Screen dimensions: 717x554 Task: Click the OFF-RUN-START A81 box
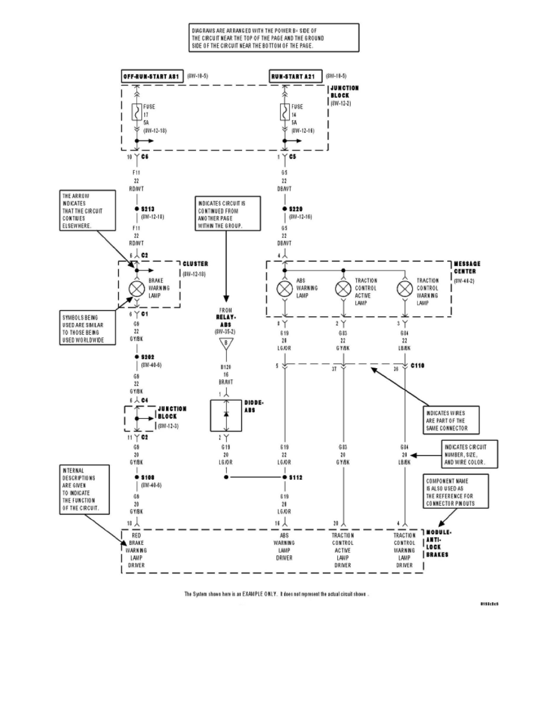coord(150,77)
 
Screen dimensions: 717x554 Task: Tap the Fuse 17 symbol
coord(136,112)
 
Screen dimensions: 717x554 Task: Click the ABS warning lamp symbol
coord(285,288)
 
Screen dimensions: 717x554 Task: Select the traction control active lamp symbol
coord(344,288)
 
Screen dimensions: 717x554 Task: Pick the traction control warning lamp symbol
coord(404,288)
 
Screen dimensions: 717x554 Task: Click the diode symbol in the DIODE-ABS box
coord(227,413)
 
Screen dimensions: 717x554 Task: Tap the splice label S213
coord(149,209)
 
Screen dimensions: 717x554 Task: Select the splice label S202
coord(149,357)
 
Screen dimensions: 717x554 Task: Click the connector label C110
coord(418,366)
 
